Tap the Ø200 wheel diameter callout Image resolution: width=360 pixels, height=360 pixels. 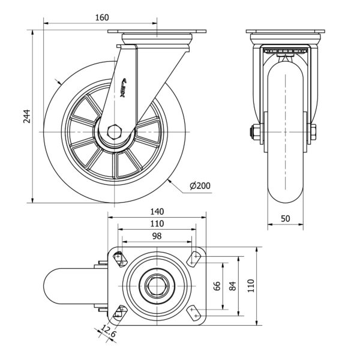pyautogui.click(x=199, y=187)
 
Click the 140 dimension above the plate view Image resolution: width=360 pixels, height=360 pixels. pyautogui.click(x=157, y=211)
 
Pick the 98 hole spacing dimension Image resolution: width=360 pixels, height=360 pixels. pyautogui.click(x=157, y=236)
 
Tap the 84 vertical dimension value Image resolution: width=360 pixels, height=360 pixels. pyautogui.click(x=234, y=285)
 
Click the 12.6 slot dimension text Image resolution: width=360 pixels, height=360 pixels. pyautogui.click(x=109, y=332)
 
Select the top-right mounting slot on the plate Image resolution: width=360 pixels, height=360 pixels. pyautogui.click(x=194, y=258)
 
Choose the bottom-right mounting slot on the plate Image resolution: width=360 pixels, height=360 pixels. pyautogui.click(x=194, y=311)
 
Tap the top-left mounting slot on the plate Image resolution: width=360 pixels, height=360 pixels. pyautogui.click(x=119, y=258)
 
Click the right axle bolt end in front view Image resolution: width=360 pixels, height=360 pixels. pyautogui.click(x=313, y=132)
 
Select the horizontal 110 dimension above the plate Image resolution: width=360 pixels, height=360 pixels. pyautogui.click(x=157, y=223)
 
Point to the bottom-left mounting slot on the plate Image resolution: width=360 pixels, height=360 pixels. pyautogui.click(x=119, y=311)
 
